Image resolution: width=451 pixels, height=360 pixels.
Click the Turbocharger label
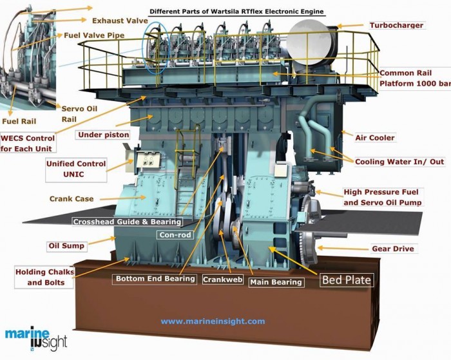396,25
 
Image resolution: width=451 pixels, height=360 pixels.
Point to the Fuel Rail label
19,121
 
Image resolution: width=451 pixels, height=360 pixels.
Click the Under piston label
103,135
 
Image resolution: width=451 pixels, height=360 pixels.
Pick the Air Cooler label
375,138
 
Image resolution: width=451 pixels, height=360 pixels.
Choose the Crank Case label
72,199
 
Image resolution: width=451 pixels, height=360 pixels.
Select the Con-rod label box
174,235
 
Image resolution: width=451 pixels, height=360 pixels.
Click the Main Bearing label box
276,282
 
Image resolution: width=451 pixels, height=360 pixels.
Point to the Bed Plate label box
347,279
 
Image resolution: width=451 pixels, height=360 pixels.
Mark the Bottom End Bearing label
155,279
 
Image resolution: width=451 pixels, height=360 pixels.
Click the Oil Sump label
66,246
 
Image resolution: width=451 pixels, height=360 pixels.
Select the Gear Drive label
393,249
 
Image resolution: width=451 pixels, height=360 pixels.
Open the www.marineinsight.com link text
213,321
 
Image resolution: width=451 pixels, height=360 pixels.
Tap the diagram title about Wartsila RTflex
236,12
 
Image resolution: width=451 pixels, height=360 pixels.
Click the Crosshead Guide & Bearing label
127,222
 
